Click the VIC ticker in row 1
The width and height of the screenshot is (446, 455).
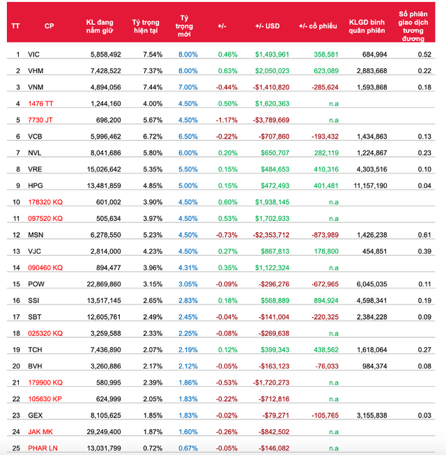tap(33, 54)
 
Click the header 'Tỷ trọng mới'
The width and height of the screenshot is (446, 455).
tap(184, 26)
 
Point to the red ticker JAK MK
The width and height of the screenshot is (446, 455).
tap(41, 431)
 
